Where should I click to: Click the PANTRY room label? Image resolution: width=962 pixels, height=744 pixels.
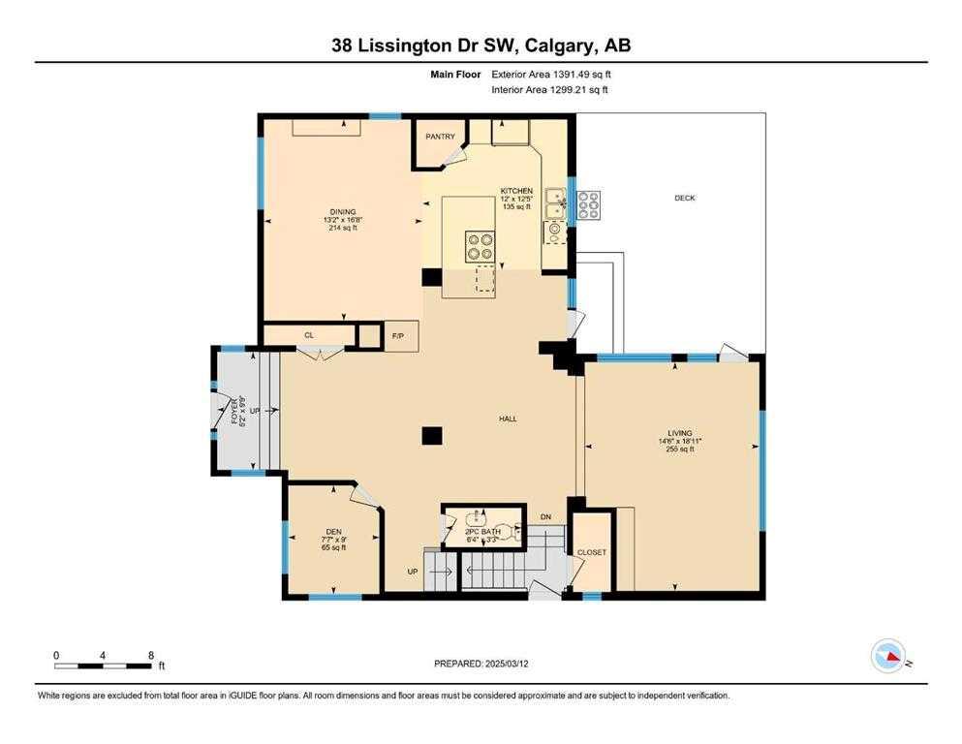point(440,137)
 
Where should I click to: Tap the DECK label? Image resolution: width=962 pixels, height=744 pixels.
point(684,198)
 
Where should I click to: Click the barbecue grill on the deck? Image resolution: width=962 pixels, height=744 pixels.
point(588,204)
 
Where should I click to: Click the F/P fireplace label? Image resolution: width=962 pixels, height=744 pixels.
point(397,335)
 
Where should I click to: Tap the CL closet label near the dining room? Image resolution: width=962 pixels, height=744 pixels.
point(309,335)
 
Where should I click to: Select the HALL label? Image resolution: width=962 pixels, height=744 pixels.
point(508,419)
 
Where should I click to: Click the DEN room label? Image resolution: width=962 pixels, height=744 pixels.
point(332,531)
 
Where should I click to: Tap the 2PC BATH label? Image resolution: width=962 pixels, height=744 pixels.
point(481,532)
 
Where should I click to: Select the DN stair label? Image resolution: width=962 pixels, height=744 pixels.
point(545,517)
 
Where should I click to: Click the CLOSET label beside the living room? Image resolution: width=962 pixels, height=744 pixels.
point(591,552)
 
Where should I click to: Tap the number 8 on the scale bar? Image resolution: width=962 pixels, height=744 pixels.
point(150,655)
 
